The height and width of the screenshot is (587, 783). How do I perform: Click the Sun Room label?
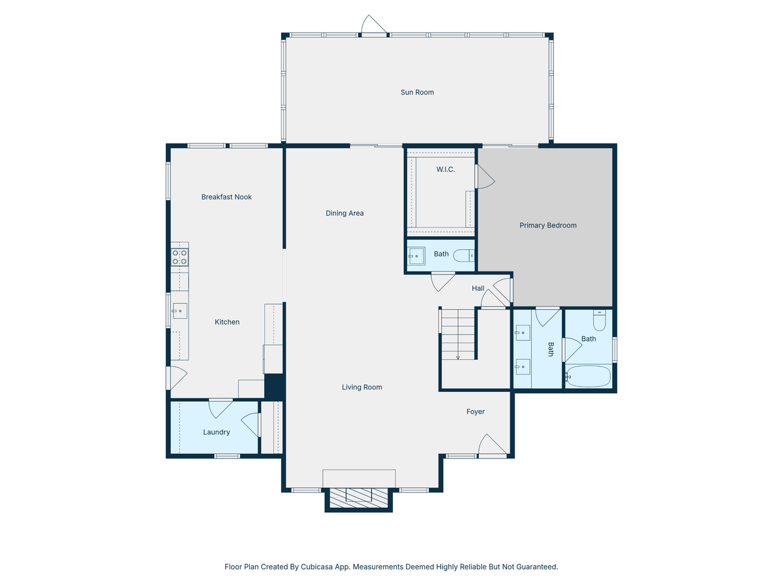click(x=417, y=93)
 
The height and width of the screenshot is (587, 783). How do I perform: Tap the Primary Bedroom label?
click(x=547, y=226)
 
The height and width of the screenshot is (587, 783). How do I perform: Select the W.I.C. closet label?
click(x=446, y=170)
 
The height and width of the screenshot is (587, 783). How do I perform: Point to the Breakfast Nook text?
click(x=226, y=197)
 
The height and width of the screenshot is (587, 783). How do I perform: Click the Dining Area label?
click(x=345, y=213)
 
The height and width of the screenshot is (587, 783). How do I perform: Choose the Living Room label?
click(x=361, y=387)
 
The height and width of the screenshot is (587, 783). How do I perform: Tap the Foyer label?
click(x=475, y=412)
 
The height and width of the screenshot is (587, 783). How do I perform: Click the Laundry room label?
click(x=216, y=432)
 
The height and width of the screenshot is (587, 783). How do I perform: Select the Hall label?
click(x=478, y=288)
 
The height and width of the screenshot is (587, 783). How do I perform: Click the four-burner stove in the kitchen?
click(x=179, y=257)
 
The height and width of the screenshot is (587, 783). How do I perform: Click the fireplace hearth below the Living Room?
click(x=359, y=498)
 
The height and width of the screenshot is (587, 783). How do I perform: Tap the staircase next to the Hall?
click(x=458, y=334)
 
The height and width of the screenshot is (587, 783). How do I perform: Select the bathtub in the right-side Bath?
click(x=588, y=377)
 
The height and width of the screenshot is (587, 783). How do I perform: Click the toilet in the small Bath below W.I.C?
click(x=464, y=255)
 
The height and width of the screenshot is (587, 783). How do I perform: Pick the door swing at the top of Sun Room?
click(x=374, y=26)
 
